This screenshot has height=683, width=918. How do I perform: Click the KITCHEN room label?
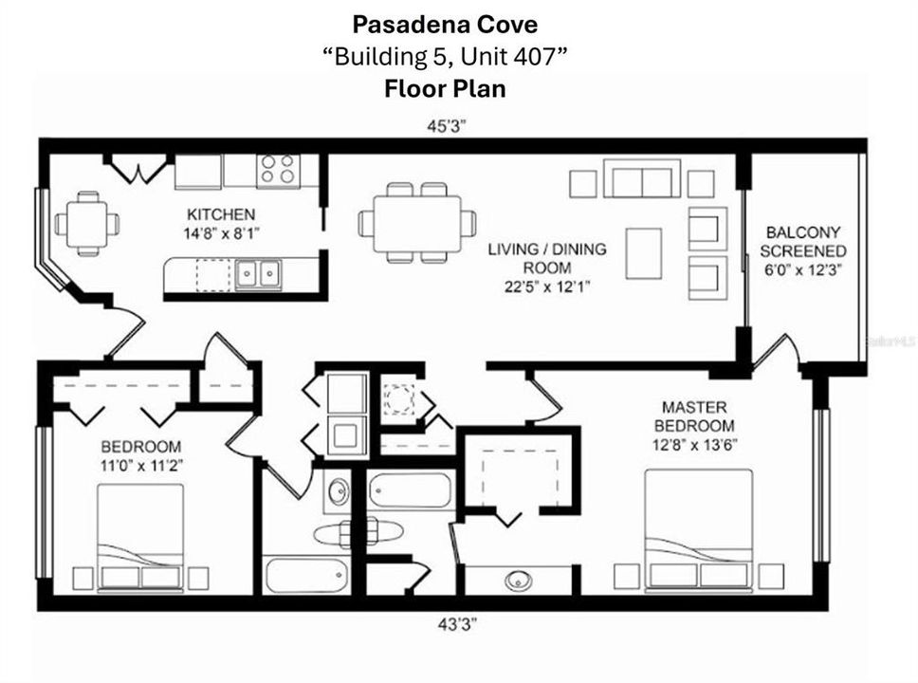tap(220, 215)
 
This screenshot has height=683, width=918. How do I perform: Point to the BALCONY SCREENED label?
tap(804, 241)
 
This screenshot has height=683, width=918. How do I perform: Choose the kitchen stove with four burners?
tap(278, 171)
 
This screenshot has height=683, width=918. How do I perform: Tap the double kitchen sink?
tap(258, 274)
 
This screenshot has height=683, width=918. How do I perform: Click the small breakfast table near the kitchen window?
tap(87, 224)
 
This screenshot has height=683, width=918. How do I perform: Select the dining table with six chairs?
tap(417, 224)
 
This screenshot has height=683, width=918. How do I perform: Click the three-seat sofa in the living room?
tap(642, 180)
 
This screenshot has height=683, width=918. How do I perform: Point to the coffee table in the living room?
tap(644, 252)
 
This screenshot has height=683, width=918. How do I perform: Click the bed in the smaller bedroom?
tap(140, 537)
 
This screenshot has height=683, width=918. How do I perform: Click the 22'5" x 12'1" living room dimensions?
tap(546, 286)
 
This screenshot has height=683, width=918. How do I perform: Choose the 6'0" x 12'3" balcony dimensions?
tap(804, 269)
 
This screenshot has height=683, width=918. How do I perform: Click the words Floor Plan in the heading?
tap(445, 89)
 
